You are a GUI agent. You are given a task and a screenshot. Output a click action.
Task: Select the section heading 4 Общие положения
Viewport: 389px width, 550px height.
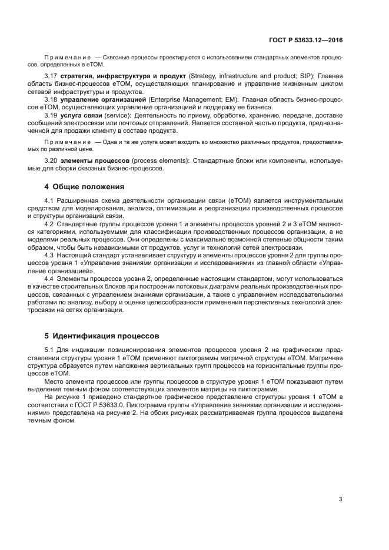[84, 187]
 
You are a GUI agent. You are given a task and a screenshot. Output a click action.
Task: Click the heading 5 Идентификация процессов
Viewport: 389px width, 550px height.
[101, 337]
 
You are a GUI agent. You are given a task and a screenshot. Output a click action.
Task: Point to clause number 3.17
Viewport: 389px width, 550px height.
[51, 76]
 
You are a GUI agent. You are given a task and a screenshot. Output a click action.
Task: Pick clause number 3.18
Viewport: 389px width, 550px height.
[51, 99]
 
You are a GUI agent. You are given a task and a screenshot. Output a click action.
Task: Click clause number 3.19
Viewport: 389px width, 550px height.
[51, 115]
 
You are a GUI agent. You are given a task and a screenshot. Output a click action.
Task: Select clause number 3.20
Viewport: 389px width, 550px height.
[51, 160]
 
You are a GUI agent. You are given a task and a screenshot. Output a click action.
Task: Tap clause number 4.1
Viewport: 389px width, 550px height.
[49, 202]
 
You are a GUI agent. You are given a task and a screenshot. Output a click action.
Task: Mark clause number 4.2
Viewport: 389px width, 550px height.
[49, 224]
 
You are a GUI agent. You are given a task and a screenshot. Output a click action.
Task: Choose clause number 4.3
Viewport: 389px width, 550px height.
[49, 255]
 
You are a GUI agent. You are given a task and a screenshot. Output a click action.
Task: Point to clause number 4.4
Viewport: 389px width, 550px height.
[49, 277]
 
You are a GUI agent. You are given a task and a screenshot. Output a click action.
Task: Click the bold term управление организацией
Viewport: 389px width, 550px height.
[103, 99]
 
